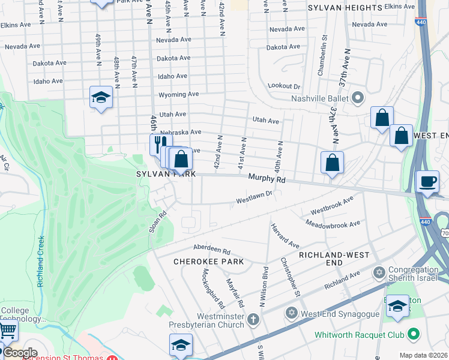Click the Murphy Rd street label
[x=267, y=178]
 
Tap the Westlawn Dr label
[x=255, y=195]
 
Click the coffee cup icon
[x=427, y=182]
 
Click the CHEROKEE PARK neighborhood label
[x=208, y=262]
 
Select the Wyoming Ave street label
[x=179, y=95]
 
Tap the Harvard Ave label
[x=285, y=236]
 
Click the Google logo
[x=20, y=353]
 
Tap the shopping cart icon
[x=7, y=331]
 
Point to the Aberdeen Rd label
[x=211, y=249]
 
